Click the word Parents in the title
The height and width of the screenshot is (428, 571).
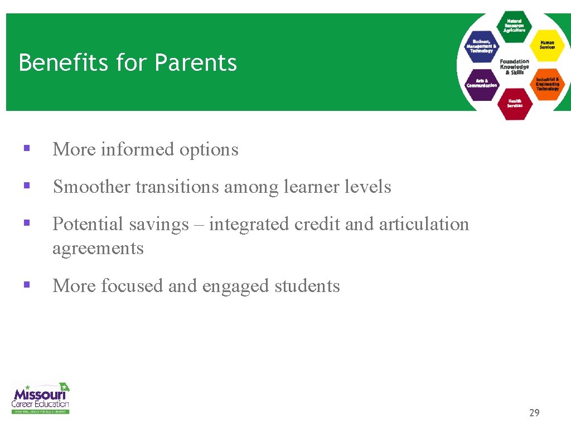(195, 62)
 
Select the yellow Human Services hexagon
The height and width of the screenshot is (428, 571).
(547, 45)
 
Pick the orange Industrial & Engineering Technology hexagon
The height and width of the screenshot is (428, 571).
(547, 84)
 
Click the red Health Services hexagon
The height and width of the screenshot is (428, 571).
(514, 104)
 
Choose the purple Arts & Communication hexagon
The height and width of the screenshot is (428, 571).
(481, 84)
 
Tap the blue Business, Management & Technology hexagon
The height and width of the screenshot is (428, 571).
(482, 46)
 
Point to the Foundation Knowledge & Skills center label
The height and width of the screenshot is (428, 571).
(514, 67)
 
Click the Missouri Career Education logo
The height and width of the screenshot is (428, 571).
(41, 397)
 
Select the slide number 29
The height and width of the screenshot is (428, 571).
(534, 413)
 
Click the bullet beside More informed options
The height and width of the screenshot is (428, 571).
(26, 149)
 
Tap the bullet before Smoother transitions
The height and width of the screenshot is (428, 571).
(26, 186)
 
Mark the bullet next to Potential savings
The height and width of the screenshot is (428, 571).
(26, 223)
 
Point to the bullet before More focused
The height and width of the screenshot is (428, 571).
(26, 285)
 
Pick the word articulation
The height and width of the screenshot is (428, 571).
(424, 224)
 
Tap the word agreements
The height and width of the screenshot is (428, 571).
(98, 249)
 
